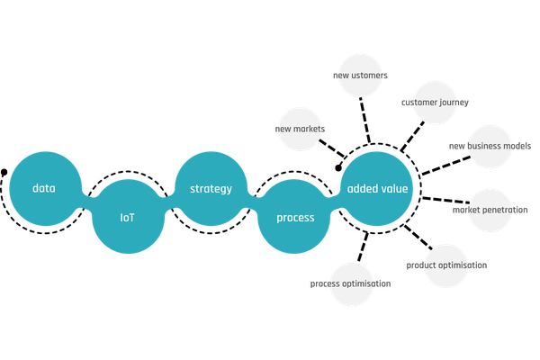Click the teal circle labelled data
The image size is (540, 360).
point(44,189)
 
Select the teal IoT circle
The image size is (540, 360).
point(128,217)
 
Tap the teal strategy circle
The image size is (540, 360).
point(211,189)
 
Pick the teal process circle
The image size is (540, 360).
point(295,217)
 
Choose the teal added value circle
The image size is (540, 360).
point(377,189)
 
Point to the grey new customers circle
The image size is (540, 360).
point(360,76)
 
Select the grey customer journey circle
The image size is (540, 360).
point(435,103)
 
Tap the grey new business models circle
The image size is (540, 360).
point(490,146)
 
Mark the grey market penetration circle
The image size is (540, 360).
point(490,211)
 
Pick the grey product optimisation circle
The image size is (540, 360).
point(445,265)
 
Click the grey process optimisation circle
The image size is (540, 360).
point(351,283)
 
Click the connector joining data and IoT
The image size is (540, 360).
point(87,200)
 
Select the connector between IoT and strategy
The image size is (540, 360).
point(170,203)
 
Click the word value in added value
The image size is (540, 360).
point(394,189)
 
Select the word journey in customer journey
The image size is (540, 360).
point(453,103)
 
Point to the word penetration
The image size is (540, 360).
point(505,211)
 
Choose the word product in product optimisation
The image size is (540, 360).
point(422,265)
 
